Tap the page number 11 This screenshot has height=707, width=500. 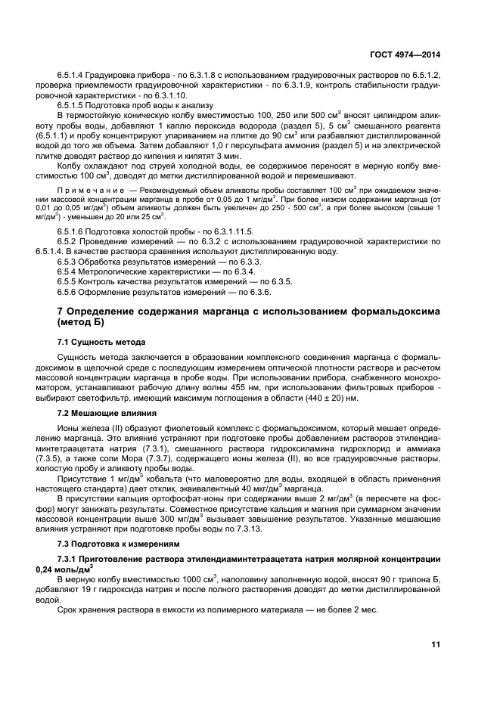click(x=436, y=645)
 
